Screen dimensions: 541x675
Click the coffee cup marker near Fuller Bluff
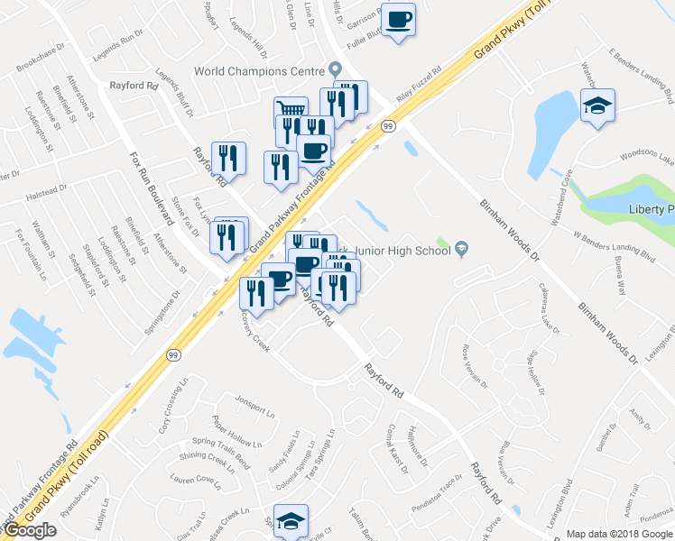pos(398,19)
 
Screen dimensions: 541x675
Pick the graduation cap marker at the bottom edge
pos(291,521)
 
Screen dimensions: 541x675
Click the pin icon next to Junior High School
pos(462,250)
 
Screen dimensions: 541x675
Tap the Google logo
pos(30,530)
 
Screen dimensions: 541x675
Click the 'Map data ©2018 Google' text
pos(620,534)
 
